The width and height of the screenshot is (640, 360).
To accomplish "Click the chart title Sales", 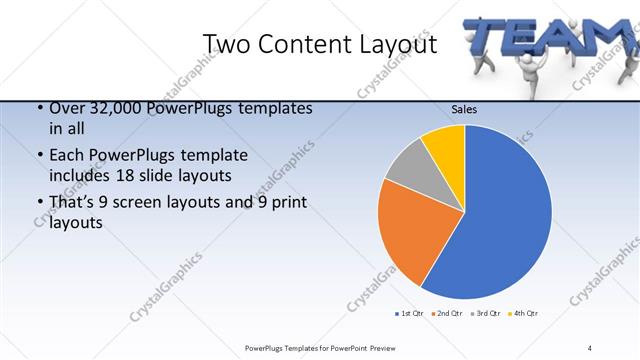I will [x=463, y=109].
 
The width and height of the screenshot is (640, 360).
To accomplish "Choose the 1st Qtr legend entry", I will [x=410, y=314].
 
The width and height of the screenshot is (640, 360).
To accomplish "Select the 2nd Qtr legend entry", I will [x=447, y=314].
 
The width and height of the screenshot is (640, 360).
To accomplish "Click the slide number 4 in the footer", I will [x=589, y=347].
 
